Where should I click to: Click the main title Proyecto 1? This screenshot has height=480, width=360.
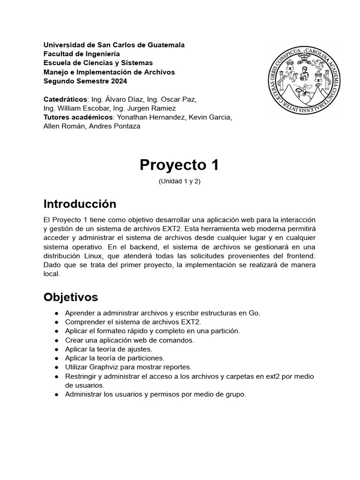180,165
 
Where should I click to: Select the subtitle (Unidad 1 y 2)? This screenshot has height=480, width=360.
180,181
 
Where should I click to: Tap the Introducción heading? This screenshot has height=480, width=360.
79,204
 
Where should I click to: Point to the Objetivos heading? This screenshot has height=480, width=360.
71,297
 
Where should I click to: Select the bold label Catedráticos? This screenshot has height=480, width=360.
65,99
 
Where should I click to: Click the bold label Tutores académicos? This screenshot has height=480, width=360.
78,117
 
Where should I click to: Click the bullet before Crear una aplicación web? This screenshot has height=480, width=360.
56,340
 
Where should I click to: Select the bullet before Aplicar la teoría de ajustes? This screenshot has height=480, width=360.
56,349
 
